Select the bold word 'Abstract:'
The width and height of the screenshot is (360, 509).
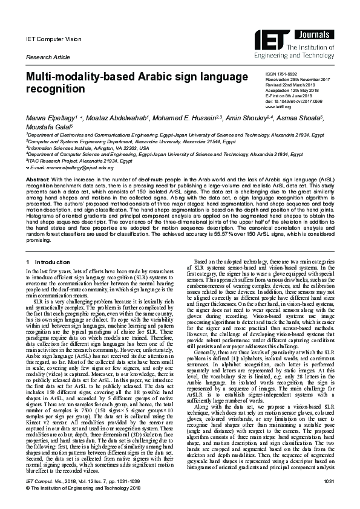37,180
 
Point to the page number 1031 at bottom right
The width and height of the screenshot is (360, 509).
329,497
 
